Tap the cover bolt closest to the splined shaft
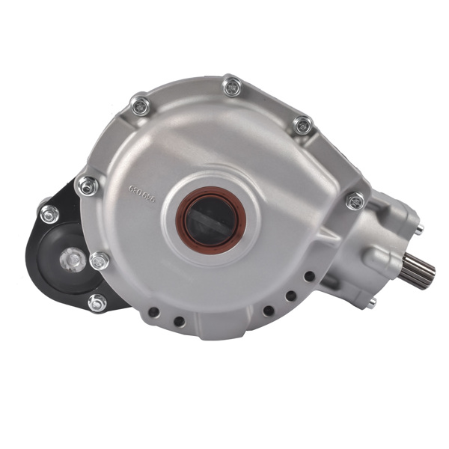click(x=355, y=200)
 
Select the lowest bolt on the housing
click(x=97, y=302)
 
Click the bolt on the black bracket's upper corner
click(x=49, y=213)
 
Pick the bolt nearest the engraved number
click(x=88, y=184)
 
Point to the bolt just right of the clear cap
click(x=99, y=260)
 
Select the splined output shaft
click(x=418, y=270)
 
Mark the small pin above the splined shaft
click(x=418, y=228)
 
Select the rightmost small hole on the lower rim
click(x=309, y=276)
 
